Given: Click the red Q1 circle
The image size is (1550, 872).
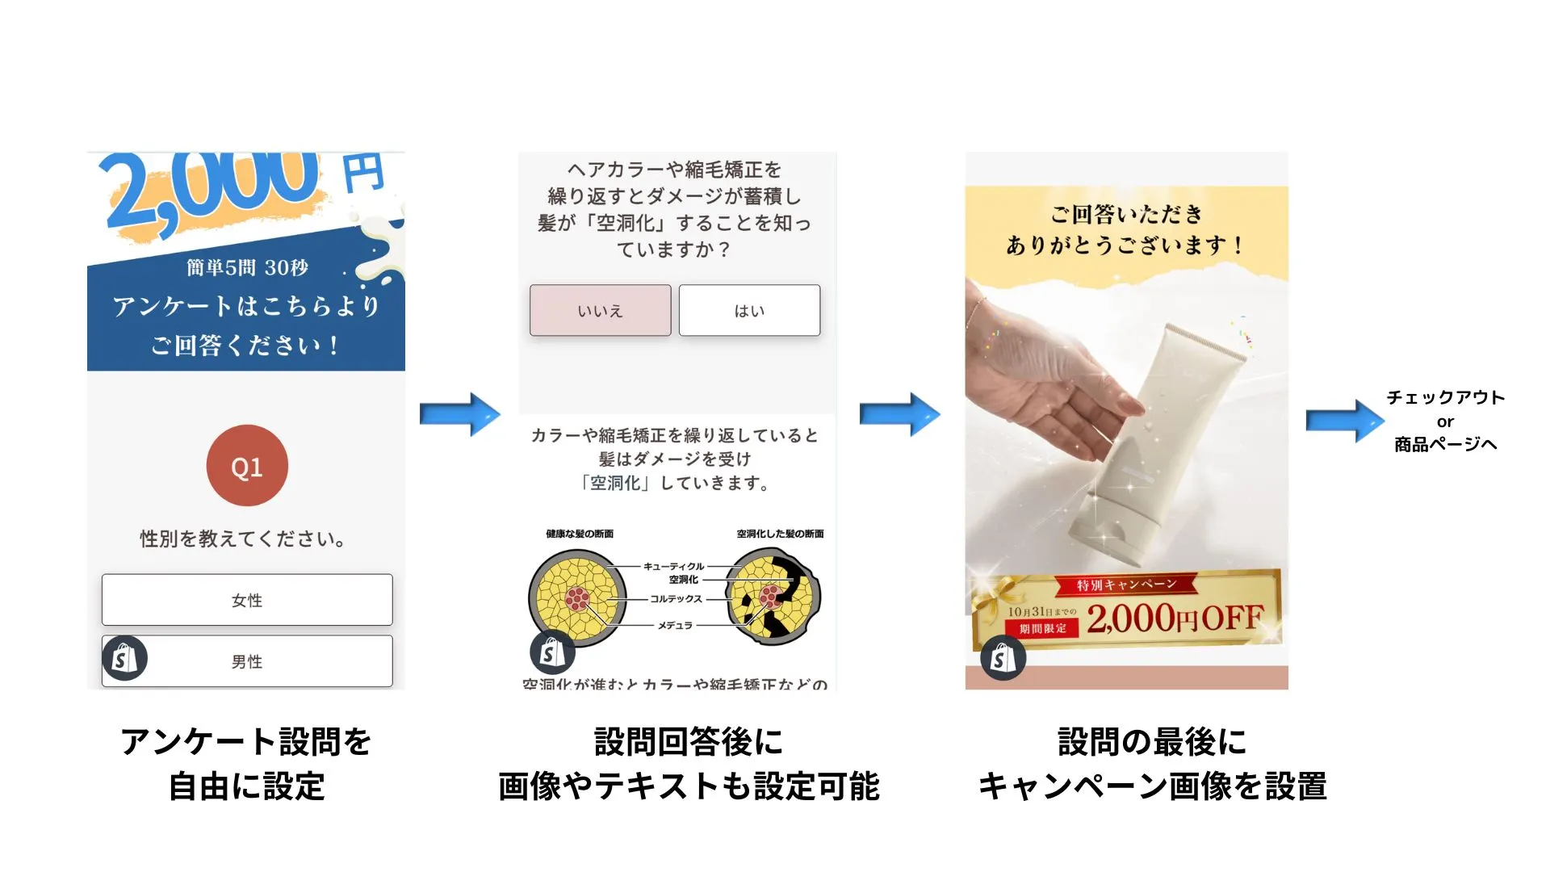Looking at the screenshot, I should click(247, 466).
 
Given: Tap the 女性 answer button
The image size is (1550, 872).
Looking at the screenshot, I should click(247, 600).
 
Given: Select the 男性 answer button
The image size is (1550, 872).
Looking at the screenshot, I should click(247, 661).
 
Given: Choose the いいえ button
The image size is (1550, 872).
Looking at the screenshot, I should click(600, 311).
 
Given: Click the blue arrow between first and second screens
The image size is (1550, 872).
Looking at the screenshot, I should click(460, 414).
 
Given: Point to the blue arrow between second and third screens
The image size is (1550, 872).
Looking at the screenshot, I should click(899, 414).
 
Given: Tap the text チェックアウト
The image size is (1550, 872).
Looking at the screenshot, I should click(1445, 397).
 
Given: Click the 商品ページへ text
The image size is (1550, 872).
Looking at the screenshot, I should click(1445, 444).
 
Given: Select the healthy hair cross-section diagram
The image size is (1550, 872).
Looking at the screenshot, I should click(577, 598).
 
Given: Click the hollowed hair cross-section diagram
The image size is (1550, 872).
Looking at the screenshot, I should click(773, 597).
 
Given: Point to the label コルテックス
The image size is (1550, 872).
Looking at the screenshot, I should click(676, 599).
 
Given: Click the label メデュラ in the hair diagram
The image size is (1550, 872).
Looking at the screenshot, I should click(675, 625).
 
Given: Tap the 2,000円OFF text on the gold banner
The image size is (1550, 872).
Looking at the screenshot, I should click(1175, 619).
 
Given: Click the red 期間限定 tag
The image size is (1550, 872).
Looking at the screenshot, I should click(1042, 628).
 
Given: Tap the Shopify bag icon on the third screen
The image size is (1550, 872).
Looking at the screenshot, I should click(1003, 658).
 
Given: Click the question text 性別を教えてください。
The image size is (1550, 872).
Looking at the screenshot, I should click(244, 539).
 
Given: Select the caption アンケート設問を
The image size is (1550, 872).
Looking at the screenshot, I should click(246, 741).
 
